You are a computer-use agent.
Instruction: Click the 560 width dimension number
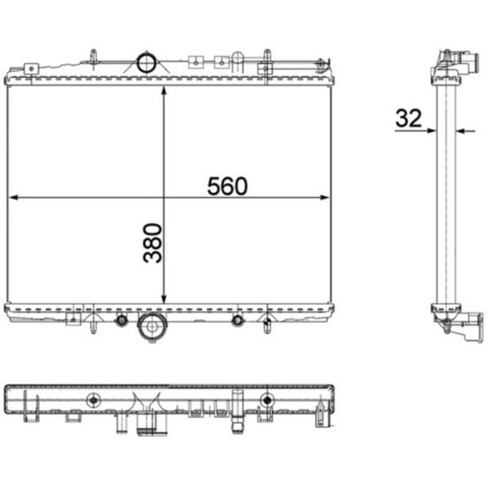pos(228,186)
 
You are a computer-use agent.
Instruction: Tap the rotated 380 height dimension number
pos(152,243)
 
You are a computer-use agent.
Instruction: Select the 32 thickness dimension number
pos(409,119)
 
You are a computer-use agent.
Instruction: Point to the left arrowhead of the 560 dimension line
pos(13,197)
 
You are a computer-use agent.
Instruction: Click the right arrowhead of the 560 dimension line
pos(325,197)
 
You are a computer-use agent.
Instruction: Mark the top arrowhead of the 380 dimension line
pos(165,91)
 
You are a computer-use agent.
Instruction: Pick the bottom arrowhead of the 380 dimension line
pos(165,298)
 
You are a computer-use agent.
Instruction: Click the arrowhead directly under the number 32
pos(432,131)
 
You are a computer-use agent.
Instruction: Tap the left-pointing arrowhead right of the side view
pos(460,131)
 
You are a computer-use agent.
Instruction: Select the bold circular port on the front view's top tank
pos(146,64)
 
